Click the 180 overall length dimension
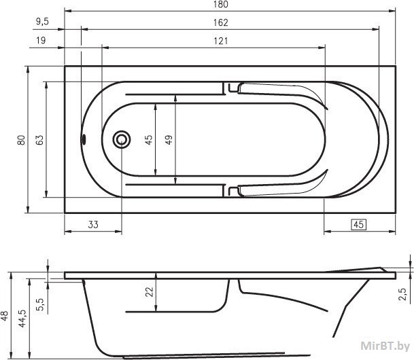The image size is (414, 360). (221, 4)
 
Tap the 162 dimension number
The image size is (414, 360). (221, 22)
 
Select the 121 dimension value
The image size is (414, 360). (221, 41)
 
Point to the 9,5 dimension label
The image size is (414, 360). (43, 22)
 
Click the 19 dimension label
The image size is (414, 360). (41, 40)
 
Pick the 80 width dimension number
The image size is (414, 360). (21, 140)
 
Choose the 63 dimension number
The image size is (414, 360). (39, 140)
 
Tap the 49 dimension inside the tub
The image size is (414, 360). (169, 139)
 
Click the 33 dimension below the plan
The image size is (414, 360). (93, 225)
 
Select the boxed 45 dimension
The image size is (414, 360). (358, 224)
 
